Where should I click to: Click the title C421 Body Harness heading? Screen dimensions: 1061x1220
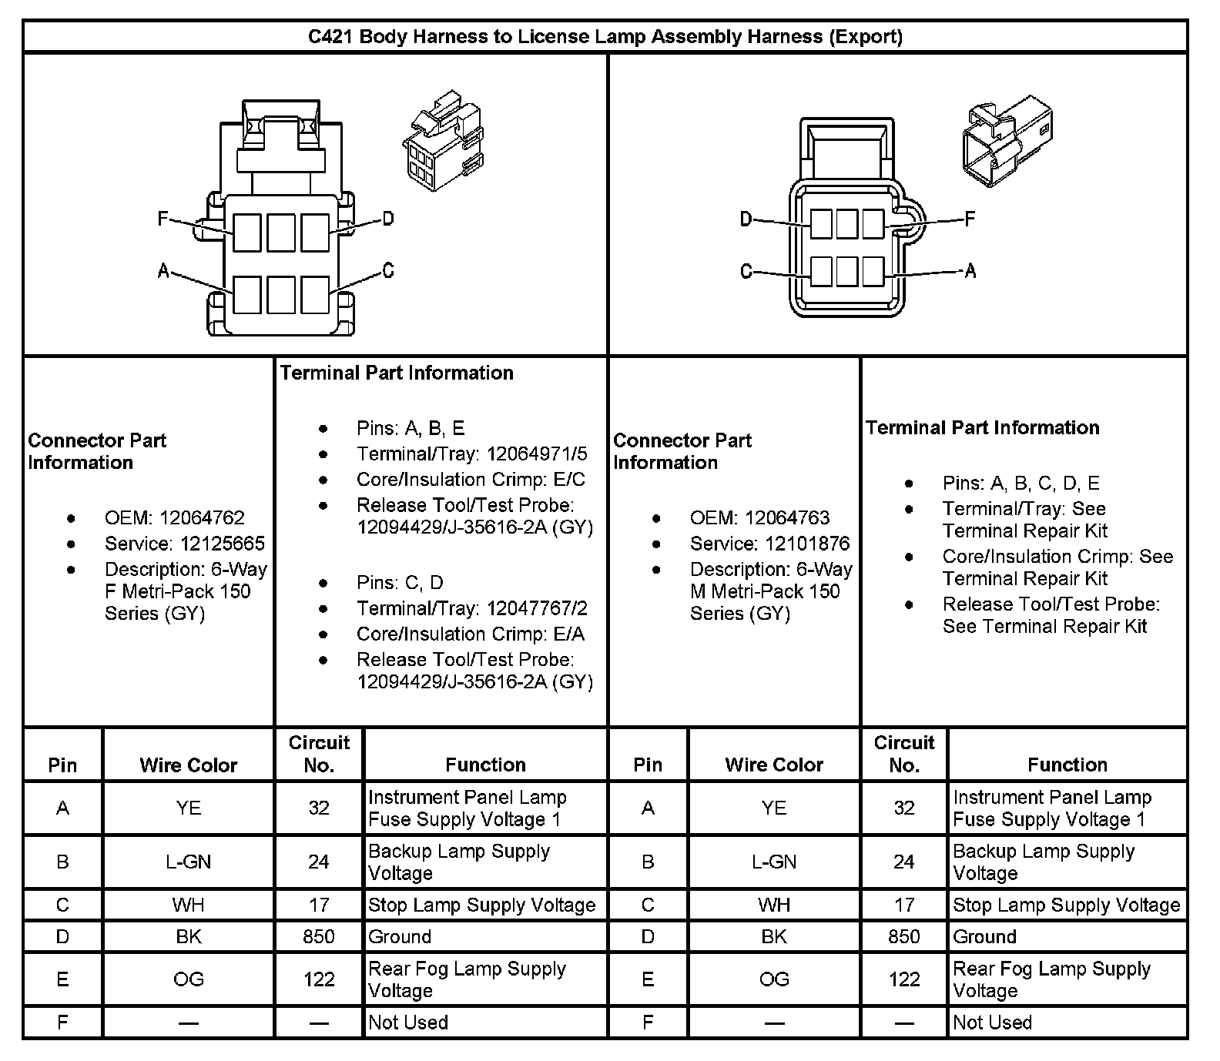605,36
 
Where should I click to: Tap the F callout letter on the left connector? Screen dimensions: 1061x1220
163,219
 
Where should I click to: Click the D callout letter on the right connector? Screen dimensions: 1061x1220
746,220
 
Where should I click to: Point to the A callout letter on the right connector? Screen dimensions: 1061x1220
970,270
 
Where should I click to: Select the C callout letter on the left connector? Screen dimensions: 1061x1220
388,270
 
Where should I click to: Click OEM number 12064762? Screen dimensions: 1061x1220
202,517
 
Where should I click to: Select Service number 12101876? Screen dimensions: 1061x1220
808,544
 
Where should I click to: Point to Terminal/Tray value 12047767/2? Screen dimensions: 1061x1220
537,608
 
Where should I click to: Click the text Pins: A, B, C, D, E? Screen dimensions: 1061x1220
1021,483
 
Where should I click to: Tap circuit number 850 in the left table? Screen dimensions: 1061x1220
319,936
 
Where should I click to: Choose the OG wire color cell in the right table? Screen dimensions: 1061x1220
774,979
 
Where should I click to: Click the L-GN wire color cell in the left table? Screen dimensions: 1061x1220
188,862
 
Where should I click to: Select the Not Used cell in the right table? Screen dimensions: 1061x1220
992,1023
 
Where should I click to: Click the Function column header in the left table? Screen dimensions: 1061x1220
485,765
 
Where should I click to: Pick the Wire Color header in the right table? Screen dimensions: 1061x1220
774,765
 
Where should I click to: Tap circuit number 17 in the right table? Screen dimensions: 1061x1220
904,905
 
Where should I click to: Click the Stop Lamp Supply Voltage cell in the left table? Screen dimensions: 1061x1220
481,905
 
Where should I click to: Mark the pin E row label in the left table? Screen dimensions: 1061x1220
62,979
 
